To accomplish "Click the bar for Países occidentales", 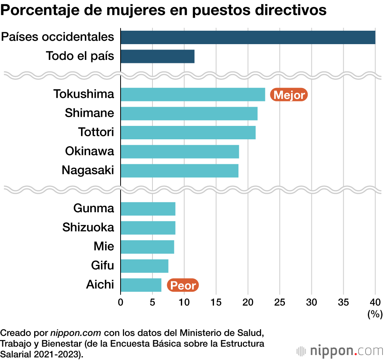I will click(x=248, y=37).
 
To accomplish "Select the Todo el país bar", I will click(x=157, y=56).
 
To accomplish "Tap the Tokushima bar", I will click(x=193, y=94).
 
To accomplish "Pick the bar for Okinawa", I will click(x=180, y=152).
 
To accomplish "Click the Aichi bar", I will click(x=141, y=285).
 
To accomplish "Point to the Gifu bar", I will click(x=144, y=266).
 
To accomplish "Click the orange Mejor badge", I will click(x=289, y=95).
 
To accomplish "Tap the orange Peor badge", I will click(x=183, y=286).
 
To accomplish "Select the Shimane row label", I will click(x=89, y=113).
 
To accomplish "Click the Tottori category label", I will click(x=96, y=132).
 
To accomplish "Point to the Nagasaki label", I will click(x=88, y=170).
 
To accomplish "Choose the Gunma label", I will click(x=94, y=208).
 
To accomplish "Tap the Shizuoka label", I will click(x=88, y=227).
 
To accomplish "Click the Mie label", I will click(x=104, y=246).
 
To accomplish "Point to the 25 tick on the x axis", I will click(x=280, y=301).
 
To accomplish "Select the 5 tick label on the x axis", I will click(x=152, y=301).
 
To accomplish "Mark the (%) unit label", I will click(x=375, y=314).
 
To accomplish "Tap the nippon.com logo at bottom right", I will click(x=340, y=350).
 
